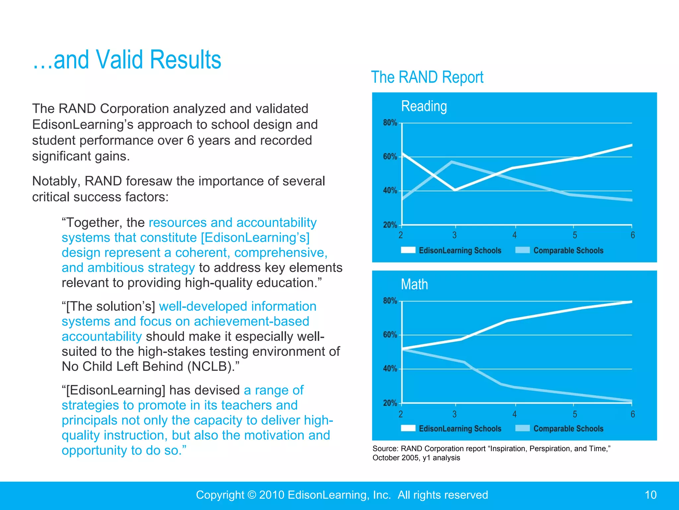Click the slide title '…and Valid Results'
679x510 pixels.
coord(127,60)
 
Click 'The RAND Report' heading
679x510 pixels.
coord(427,77)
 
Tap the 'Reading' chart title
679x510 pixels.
coord(424,106)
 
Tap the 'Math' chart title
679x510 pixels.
coord(414,285)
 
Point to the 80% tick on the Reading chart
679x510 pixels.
coord(390,123)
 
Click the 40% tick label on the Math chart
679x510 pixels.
coord(390,369)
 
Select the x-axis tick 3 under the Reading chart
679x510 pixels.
coord(455,235)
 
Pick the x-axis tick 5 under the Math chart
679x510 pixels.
coord(575,414)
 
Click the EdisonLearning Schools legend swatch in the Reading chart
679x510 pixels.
coord(408,250)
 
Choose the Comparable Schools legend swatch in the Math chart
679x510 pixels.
coord(523,428)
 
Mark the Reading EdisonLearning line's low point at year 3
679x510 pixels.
coord(455,190)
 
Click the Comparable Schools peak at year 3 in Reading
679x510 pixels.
coord(452,162)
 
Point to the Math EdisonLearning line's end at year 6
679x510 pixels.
coord(631,302)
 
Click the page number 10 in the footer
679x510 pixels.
coord(650,495)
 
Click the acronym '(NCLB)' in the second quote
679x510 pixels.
coord(211,367)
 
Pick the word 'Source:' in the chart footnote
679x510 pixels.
coord(385,449)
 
